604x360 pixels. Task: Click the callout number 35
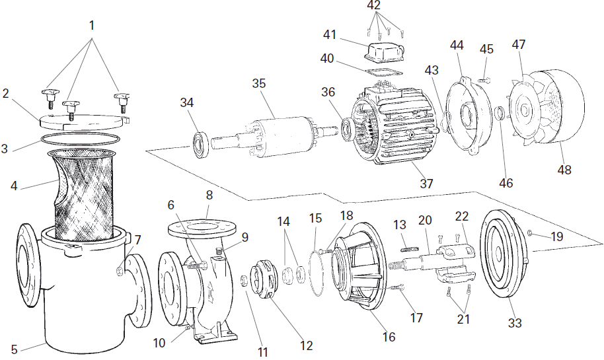pos(259,83)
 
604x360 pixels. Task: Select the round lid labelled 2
pos(84,121)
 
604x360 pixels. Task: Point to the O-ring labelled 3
pos(80,139)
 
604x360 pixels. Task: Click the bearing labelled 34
pos(201,144)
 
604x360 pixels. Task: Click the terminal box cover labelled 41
pos(384,52)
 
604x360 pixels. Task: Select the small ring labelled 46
pos(500,114)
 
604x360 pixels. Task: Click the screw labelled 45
pos(485,80)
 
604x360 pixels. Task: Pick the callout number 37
pos(426,183)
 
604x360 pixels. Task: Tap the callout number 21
pos(463,319)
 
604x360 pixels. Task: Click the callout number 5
pos(15,349)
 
